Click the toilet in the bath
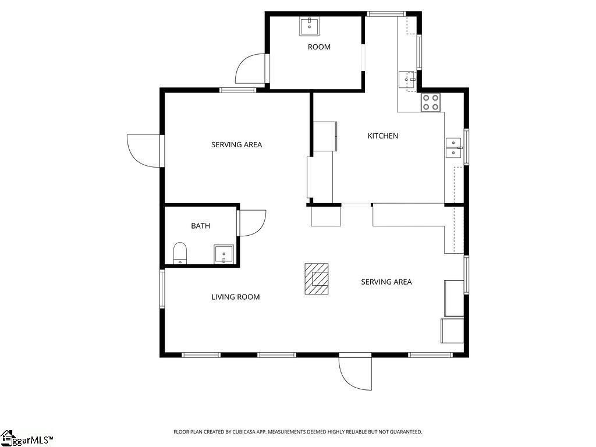(180, 253)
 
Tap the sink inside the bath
(223, 254)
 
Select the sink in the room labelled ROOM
(309, 26)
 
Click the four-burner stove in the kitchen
(431, 102)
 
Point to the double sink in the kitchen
(453, 148)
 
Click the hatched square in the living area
(316, 279)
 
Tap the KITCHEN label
(383, 136)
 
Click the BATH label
(200, 226)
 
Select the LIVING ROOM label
(236, 297)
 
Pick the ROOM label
(319, 47)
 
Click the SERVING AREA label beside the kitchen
(236, 144)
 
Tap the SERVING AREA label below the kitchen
(386, 282)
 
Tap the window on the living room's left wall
(162, 289)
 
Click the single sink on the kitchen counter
(407, 80)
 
